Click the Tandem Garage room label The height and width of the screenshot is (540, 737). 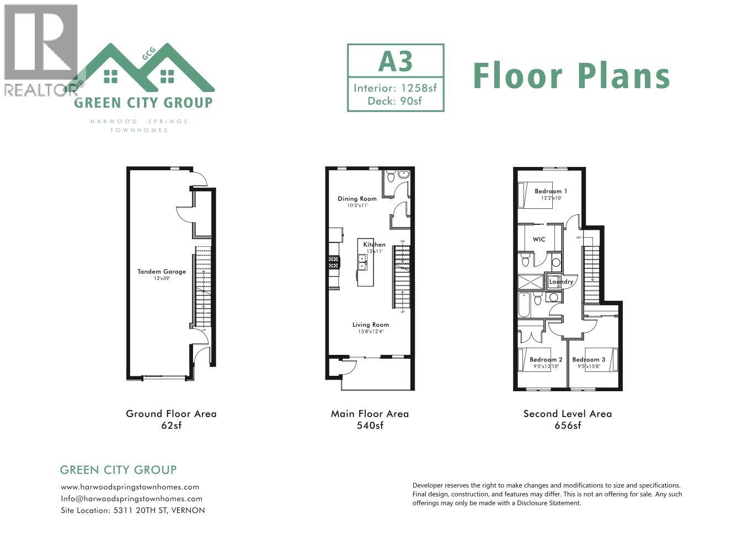pos(162,272)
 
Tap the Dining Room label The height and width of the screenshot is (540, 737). pos(357,199)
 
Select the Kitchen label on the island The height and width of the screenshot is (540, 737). pos(374,245)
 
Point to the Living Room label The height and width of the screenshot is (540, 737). pos(370,325)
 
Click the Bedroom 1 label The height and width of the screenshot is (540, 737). pos(551,191)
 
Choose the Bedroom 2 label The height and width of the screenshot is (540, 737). pos(546,360)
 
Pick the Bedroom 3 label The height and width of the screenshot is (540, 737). pos(589,360)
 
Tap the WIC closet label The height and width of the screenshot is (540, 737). pos(539,240)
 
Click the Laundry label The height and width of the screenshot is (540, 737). pos(561,282)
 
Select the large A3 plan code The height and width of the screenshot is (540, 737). pos(396,61)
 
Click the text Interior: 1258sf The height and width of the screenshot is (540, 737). pos(395,88)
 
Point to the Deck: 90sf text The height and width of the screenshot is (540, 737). pos(395,101)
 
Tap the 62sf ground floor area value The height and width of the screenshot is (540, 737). pos(171,425)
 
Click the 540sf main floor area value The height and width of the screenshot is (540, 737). pos(370,425)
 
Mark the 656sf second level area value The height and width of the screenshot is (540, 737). pos(567,425)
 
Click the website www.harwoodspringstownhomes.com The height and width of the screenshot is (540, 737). pos(130,487)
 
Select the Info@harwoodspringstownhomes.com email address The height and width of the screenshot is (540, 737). pos(131,499)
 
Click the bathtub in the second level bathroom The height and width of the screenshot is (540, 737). pos(524,305)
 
